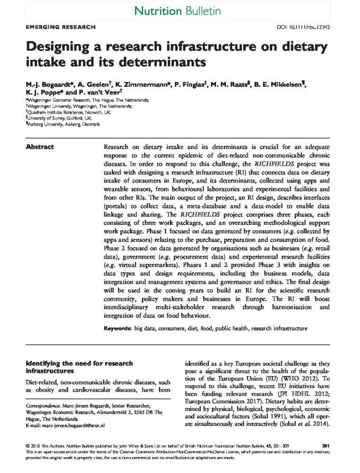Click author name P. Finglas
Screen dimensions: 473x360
click(x=196, y=84)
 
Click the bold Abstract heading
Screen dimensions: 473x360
click(x=39, y=147)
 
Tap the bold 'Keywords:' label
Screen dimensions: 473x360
click(x=117, y=329)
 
